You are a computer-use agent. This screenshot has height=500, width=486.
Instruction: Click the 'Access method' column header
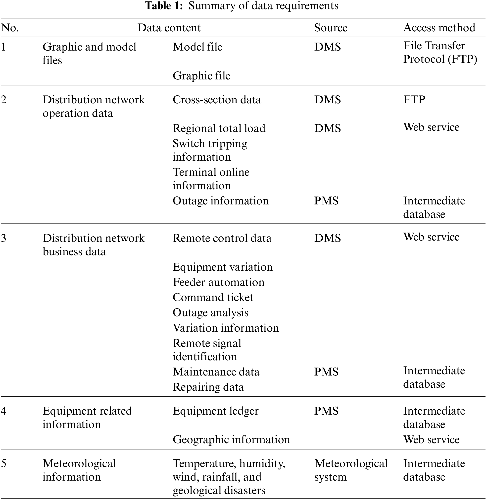pos(439,28)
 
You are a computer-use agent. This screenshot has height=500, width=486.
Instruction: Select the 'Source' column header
pos(331,28)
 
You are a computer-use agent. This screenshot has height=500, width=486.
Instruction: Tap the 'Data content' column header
pos(169,28)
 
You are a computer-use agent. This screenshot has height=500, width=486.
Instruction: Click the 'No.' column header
pos(10,28)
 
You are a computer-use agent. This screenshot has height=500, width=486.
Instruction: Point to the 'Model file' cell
pos(197,47)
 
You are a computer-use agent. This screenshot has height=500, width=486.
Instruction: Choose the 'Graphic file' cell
pos(201,76)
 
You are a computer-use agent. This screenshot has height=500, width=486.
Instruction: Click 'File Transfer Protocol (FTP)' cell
pos(440,52)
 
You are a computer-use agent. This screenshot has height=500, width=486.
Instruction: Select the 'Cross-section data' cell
pos(217,100)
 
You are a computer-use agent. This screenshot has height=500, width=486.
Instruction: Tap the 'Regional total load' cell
pos(219,128)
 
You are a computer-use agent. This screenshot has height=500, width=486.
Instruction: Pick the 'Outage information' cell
pos(221,201)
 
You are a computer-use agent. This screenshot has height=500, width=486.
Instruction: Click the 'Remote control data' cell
pos(222,238)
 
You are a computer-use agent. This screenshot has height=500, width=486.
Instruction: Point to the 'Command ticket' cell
pos(213,297)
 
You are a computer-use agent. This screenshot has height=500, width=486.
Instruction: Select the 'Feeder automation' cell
pos(218,282)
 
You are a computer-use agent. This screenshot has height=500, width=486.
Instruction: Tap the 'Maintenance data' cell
pos(216,372)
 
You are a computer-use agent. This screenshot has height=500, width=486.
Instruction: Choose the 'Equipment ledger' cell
pos(216,411)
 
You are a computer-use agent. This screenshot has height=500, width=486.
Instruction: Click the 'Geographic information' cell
pos(231,440)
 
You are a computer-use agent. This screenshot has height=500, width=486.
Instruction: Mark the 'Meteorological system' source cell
pos(351,470)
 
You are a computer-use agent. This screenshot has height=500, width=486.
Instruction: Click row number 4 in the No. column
pos(3,411)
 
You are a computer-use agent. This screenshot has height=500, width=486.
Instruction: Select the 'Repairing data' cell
pos(208,387)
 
